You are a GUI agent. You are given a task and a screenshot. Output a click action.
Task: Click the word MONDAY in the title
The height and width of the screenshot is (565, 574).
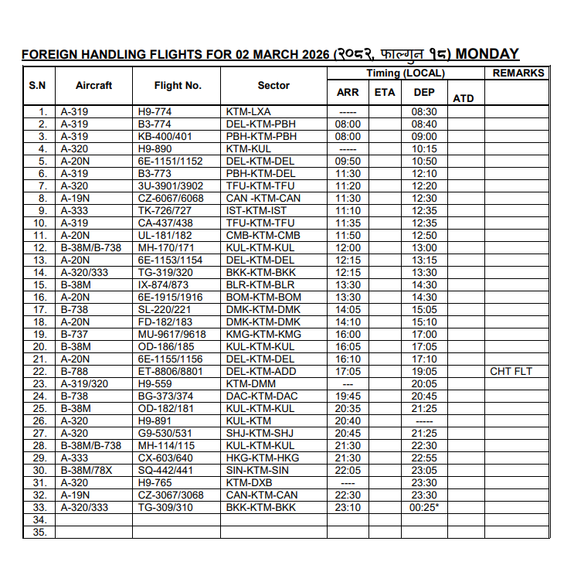(487, 54)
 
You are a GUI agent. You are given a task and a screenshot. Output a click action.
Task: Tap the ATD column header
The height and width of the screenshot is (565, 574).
(463, 98)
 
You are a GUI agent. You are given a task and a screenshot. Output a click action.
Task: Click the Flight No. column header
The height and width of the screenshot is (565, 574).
(178, 85)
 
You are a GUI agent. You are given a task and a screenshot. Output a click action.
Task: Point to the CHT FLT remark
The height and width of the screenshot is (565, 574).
(511, 371)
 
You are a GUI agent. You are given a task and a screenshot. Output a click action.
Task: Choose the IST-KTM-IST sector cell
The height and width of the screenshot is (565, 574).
(256, 210)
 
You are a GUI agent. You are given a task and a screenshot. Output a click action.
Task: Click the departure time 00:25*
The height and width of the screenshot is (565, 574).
(425, 507)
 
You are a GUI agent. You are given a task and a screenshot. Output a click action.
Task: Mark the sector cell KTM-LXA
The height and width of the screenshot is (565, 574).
(249, 111)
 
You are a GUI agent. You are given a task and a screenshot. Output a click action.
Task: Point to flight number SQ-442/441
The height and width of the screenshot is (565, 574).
(165, 470)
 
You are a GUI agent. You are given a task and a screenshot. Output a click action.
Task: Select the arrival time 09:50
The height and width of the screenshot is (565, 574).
(348, 161)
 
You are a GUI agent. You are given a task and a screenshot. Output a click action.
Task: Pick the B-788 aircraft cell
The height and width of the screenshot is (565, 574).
(74, 371)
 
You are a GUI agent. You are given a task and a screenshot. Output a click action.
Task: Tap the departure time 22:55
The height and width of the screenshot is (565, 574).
(424, 458)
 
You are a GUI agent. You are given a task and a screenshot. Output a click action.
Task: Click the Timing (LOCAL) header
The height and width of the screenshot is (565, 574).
(405, 73)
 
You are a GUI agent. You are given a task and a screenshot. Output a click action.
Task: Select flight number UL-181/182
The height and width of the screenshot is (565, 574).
(165, 235)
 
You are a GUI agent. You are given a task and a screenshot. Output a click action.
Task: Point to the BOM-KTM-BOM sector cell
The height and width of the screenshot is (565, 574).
(263, 297)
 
